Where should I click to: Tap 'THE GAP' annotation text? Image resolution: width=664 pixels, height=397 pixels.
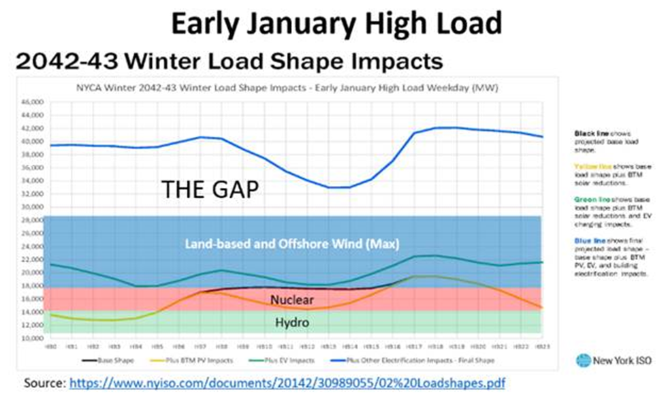(x=210, y=189)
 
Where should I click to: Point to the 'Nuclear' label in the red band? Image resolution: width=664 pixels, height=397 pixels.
(x=294, y=299)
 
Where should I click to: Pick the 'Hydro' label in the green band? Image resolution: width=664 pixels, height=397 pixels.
(x=292, y=322)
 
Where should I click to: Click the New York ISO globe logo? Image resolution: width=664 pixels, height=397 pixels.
(x=583, y=361)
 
